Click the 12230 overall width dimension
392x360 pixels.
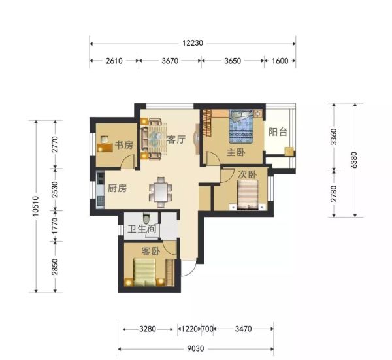coord(193,43)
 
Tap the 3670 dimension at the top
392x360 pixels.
coord(170,61)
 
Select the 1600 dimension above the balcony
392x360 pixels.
coord(280,61)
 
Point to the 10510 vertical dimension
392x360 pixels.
coord(36,206)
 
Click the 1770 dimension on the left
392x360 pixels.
coord(55,225)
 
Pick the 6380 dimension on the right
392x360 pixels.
coord(355,160)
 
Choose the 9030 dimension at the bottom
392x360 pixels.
coord(195,348)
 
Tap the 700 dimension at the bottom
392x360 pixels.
coord(207,329)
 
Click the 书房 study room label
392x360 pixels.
coord(124,145)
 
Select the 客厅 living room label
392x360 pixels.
coord(176,140)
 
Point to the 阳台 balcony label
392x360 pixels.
coord(278,132)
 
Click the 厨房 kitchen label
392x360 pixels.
coord(117,188)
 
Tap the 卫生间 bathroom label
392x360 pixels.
coord(142,229)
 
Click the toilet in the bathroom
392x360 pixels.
coord(146,218)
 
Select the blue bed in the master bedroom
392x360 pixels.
coord(241,127)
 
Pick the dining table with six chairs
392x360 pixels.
coord(161,192)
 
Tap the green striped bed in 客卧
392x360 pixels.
coord(145,272)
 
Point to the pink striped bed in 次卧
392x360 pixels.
coord(248,195)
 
